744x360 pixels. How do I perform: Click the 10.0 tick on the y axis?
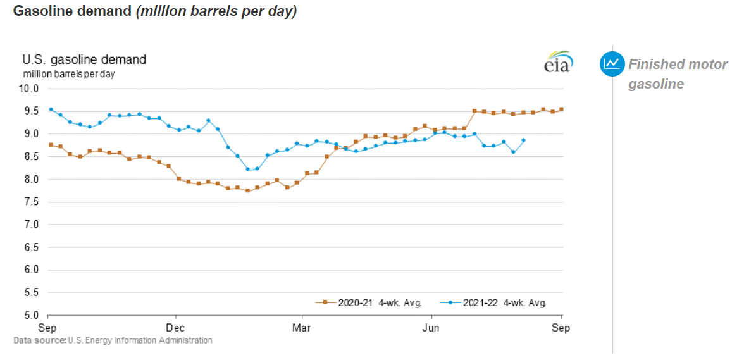point(31,89)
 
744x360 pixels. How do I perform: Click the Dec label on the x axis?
point(175,328)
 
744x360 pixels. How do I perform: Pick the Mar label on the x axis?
point(303,328)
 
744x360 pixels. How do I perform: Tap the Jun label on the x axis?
point(431,328)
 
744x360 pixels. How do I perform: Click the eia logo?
point(558,62)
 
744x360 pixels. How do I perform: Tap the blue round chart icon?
point(611,63)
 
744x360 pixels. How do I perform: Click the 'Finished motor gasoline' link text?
point(677,74)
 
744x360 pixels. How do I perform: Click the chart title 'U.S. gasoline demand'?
point(84,59)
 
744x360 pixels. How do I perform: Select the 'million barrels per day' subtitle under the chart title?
point(69,74)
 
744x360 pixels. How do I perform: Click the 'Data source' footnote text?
point(113,340)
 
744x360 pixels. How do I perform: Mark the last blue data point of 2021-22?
point(523,140)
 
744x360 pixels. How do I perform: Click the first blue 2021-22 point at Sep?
point(51,109)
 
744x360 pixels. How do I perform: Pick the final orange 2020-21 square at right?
point(561,109)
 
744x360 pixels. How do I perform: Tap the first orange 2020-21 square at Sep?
point(51,145)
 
